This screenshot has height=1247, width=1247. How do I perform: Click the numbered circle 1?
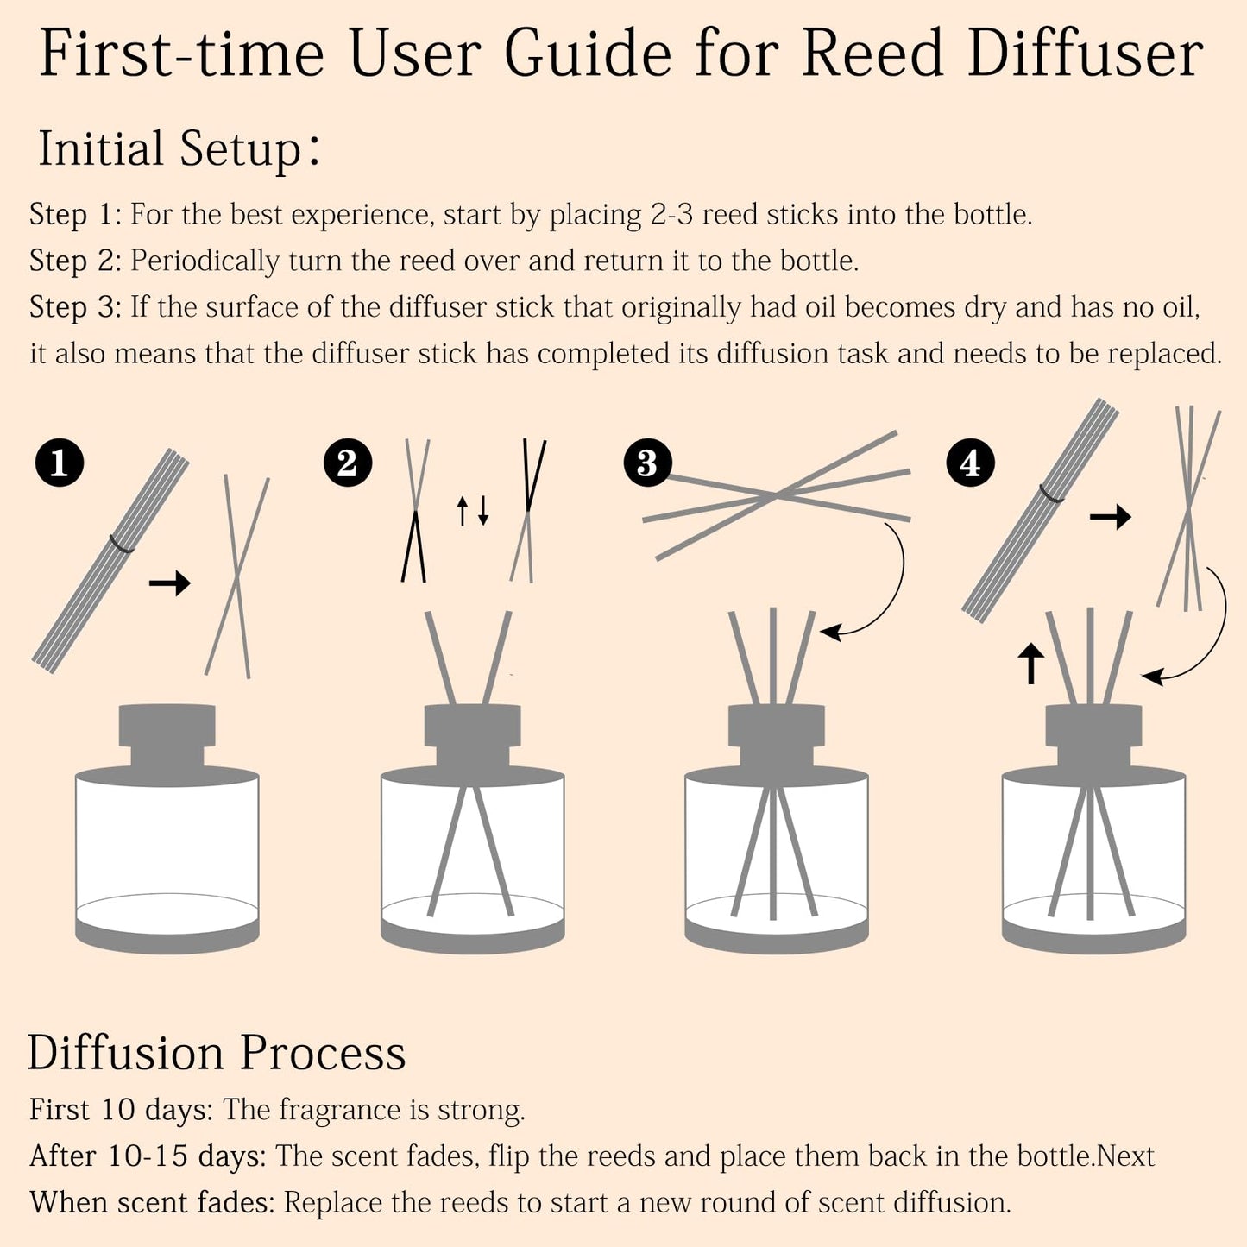(60, 463)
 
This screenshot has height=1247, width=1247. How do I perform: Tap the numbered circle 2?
(348, 463)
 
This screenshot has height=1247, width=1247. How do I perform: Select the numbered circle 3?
(647, 463)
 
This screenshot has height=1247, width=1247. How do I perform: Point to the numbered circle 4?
(970, 463)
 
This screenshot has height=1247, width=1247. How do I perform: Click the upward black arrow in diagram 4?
(1031, 664)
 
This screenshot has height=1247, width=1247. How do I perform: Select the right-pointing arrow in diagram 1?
(169, 584)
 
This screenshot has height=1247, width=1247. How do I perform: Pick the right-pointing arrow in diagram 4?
(1110, 518)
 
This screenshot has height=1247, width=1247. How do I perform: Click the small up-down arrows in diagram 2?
(473, 511)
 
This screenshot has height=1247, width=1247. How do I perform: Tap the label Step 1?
(76, 214)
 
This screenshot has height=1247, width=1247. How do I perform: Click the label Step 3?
(76, 307)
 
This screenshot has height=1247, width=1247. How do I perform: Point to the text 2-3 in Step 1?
(671, 214)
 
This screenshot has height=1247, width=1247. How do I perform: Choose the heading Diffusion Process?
(217, 1053)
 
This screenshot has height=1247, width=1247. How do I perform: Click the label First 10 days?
(121, 1110)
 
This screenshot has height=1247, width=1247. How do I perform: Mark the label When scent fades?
(152, 1203)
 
